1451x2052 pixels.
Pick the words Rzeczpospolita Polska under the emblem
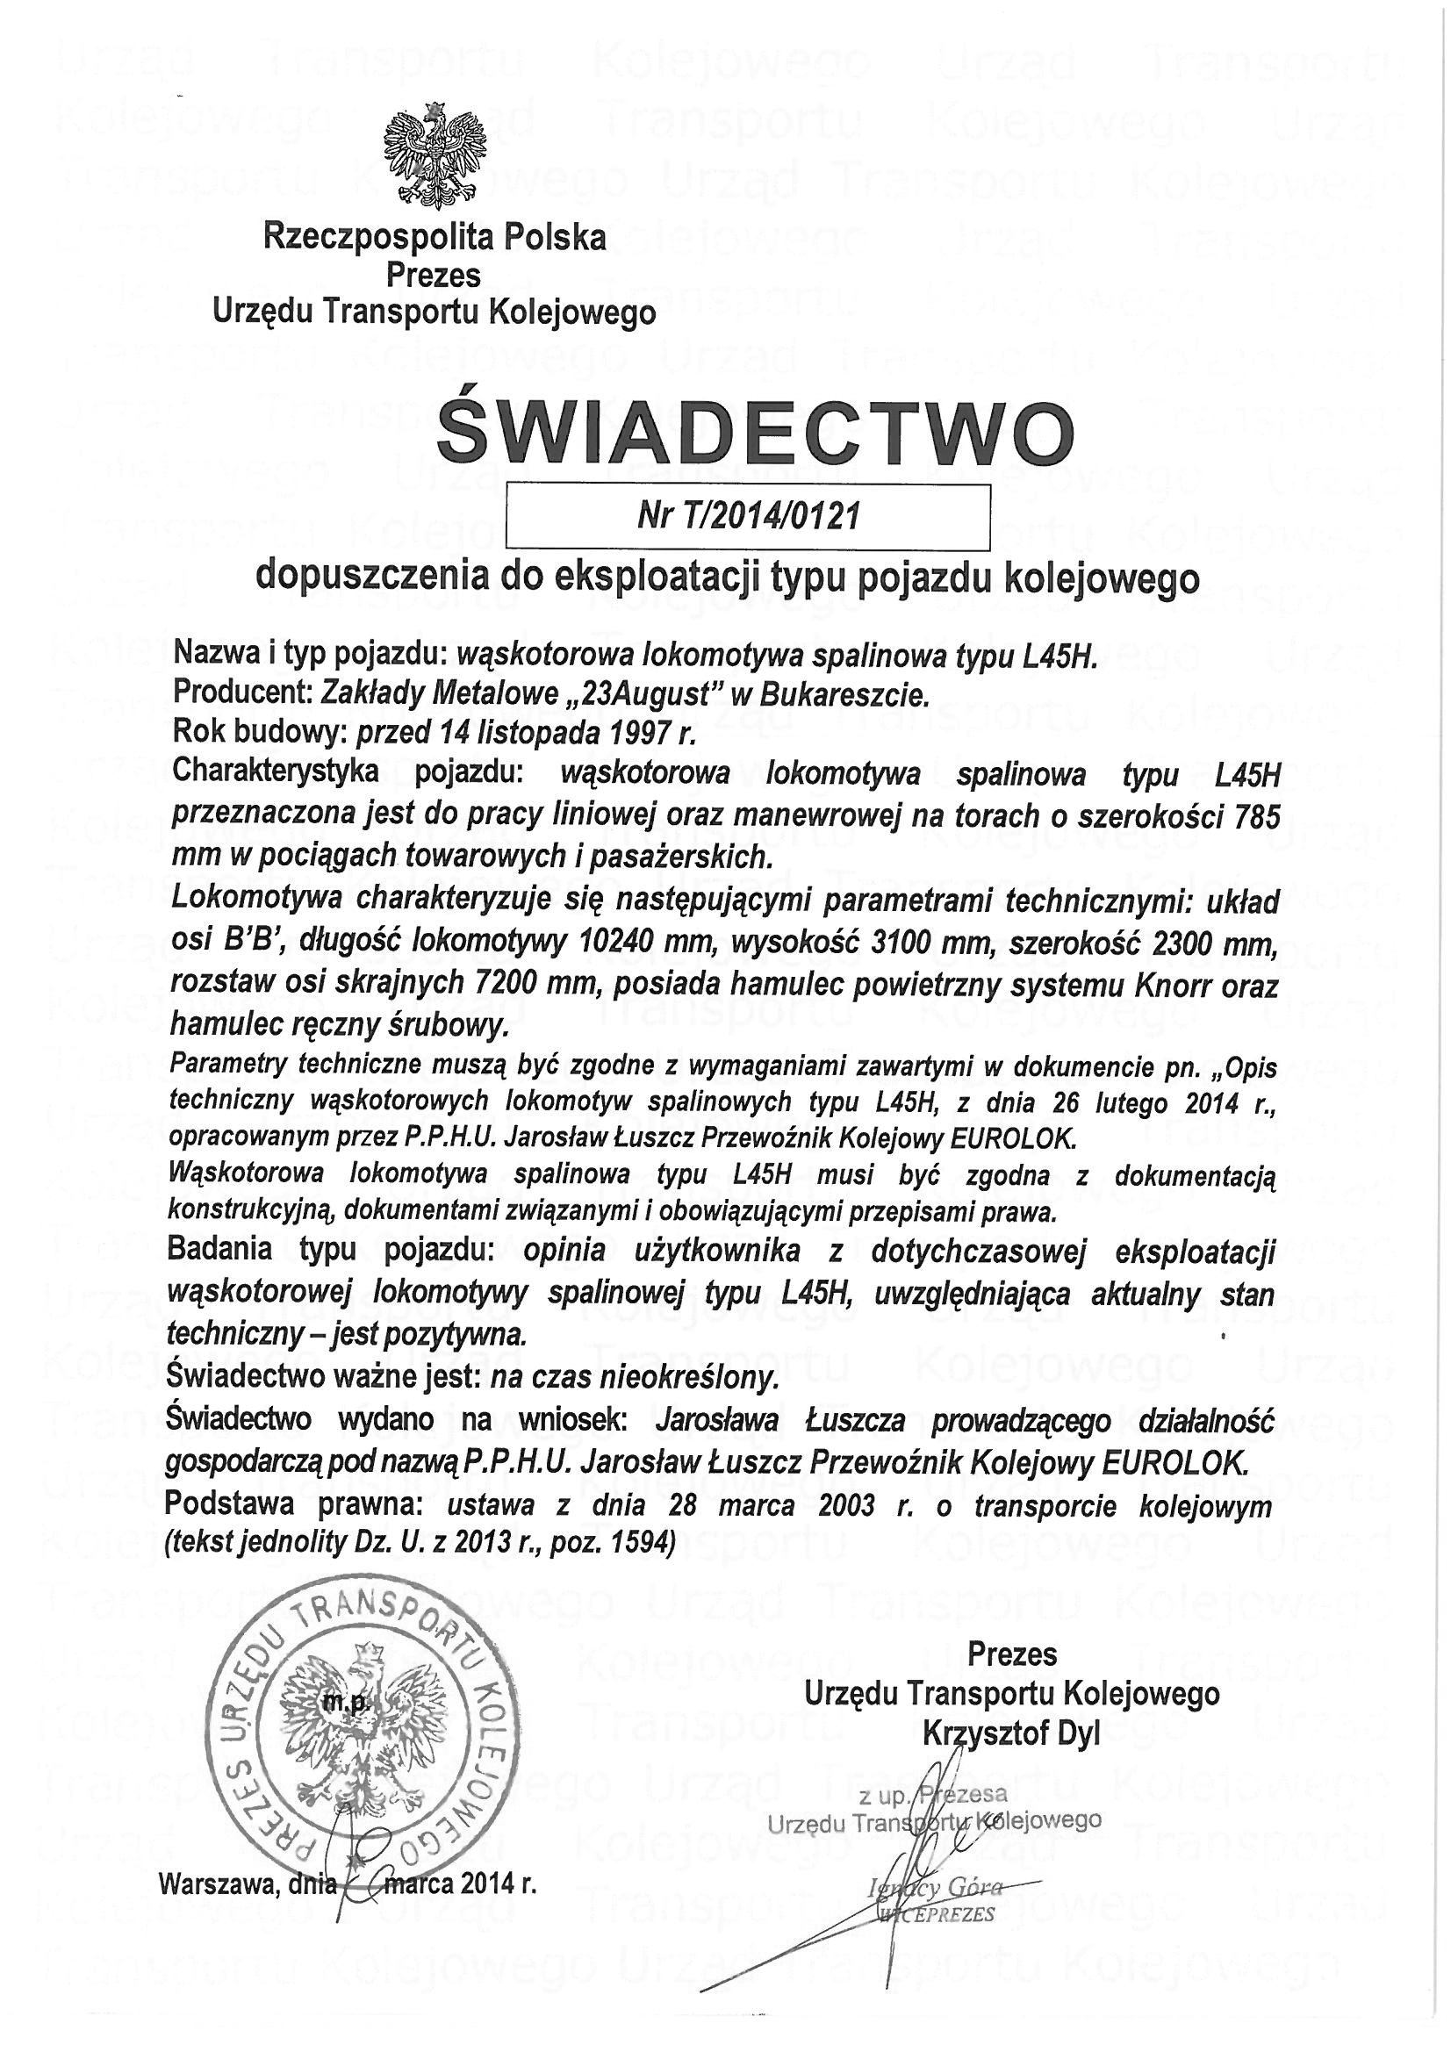pyautogui.click(x=434, y=238)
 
